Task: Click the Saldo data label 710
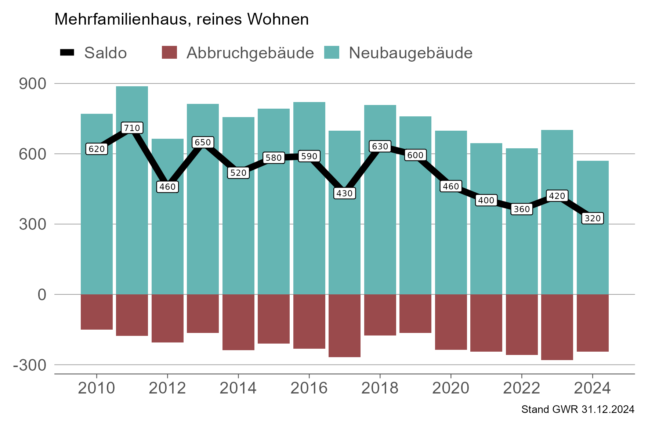coord(132,128)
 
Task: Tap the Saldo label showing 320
coord(592,218)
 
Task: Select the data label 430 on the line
coord(344,193)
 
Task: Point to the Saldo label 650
coord(203,142)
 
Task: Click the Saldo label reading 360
coord(521,209)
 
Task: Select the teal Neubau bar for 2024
coord(592,257)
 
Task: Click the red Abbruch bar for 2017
coord(344,325)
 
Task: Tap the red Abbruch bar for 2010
coord(97,312)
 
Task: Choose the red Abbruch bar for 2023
coord(557,327)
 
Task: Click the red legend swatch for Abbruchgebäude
coord(169,52)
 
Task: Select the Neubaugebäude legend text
coord(410,53)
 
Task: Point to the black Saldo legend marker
coord(67,52)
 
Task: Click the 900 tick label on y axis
coord(33,84)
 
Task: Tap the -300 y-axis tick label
coord(30,365)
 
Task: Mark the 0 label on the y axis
coord(42,295)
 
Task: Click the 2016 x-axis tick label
coord(309,388)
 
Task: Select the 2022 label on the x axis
coord(521,388)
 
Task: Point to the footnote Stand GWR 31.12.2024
coord(578,409)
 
